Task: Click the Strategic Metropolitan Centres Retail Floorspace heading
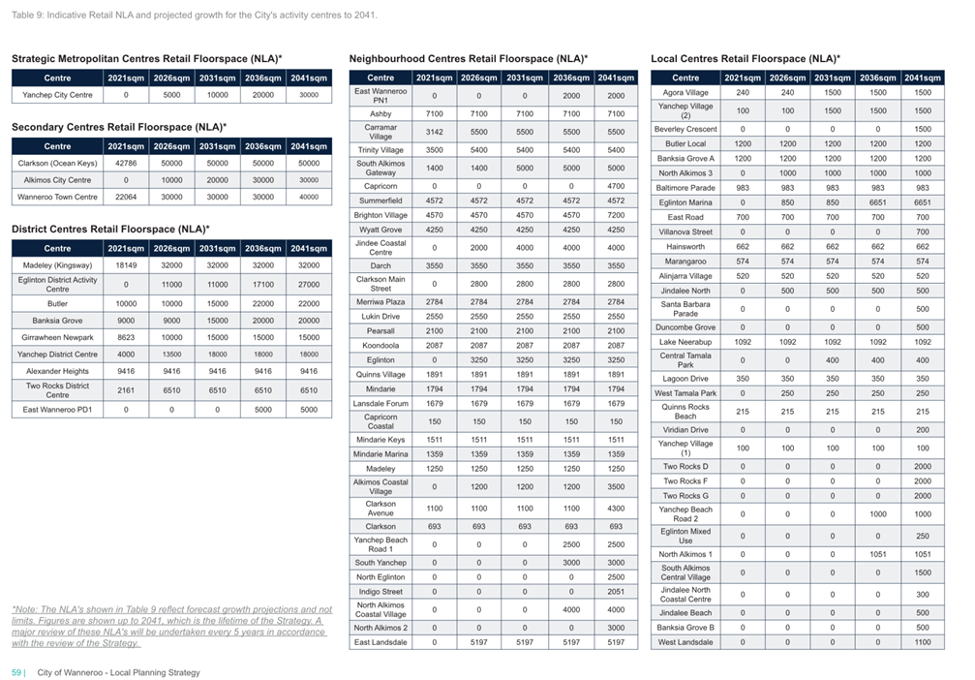(x=147, y=58)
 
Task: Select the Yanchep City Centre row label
(x=57, y=95)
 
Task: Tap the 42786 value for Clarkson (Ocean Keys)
(x=126, y=163)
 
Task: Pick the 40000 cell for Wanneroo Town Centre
(x=309, y=197)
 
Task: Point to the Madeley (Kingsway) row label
(x=57, y=265)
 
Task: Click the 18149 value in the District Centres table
(x=126, y=265)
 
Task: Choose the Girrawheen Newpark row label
(x=57, y=337)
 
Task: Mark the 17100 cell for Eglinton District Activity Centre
(x=263, y=285)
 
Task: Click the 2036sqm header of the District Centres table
(x=263, y=248)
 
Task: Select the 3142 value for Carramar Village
(x=434, y=132)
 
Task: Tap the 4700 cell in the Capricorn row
(x=616, y=186)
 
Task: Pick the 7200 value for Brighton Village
(x=616, y=215)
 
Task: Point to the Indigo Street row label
(x=381, y=592)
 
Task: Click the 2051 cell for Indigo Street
(x=616, y=592)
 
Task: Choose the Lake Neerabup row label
(x=686, y=342)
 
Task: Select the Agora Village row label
(x=686, y=93)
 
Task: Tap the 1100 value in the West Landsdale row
(x=922, y=642)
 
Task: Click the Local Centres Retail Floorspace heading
(x=745, y=58)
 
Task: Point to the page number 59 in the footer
(x=16, y=672)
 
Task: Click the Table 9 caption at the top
(x=194, y=15)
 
